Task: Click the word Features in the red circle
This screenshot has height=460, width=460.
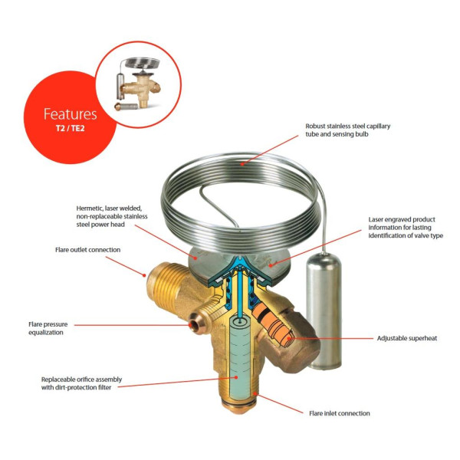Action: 70,113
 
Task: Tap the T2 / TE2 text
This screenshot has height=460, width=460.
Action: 71,128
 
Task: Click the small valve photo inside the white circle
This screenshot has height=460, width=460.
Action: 137,84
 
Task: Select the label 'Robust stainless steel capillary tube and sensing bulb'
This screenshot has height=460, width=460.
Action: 347,130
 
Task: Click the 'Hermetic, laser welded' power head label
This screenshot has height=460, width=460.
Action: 112,216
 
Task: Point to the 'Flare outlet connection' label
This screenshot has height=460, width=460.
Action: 87,250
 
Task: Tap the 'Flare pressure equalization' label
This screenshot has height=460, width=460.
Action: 48,328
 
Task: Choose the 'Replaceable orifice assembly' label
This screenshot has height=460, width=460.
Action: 81,383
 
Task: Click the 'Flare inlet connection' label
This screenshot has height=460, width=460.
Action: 340,413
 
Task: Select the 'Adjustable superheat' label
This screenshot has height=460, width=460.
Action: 407,338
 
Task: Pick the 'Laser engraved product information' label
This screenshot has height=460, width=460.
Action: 406,228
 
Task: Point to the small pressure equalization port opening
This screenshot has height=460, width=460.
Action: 194,325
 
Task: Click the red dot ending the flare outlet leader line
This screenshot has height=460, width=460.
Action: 144,275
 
